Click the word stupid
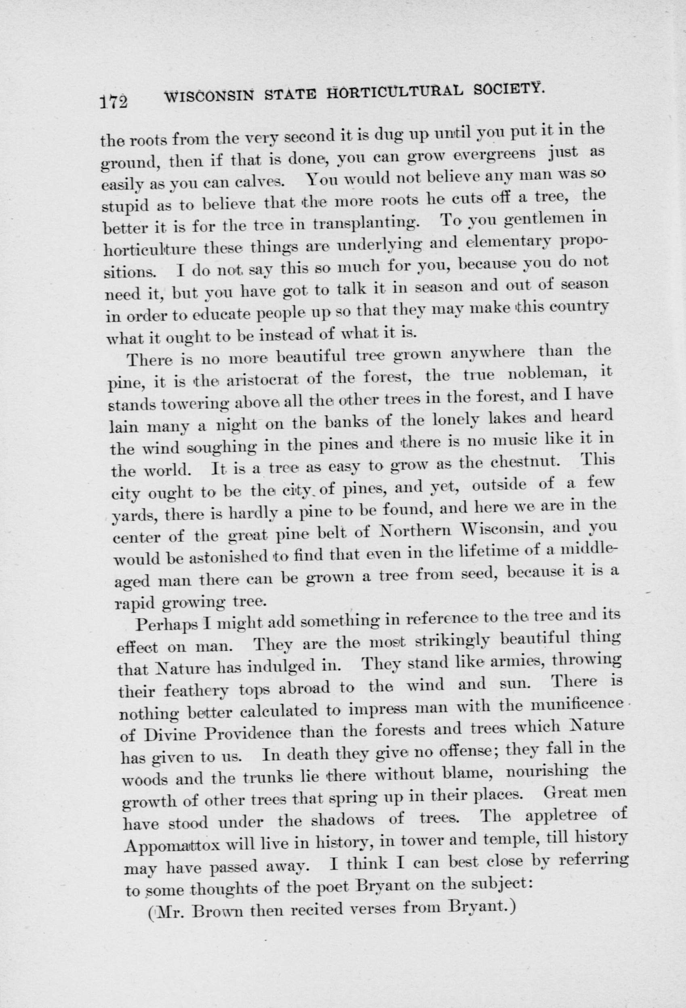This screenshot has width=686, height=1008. (124, 206)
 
